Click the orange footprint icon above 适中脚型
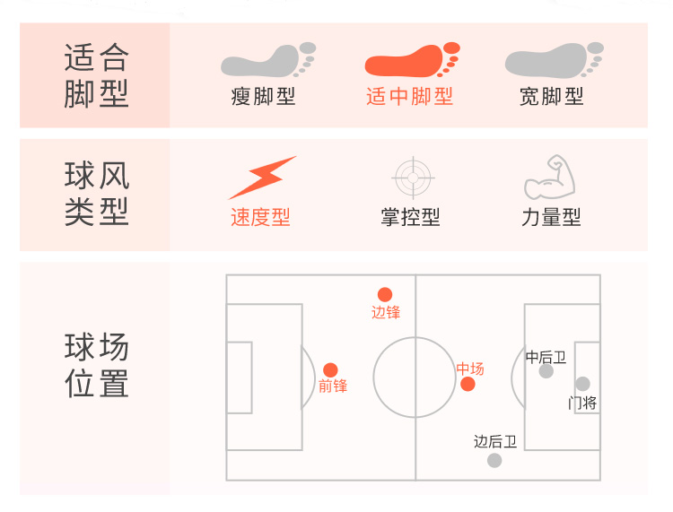[412, 61]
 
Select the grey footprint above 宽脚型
[552, 61]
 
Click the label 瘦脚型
[263, 96]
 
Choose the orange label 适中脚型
[409, 96]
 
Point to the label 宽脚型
[551, 96]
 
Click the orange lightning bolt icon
[261, 178]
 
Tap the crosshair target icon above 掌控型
[412, 178]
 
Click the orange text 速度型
[260, 217]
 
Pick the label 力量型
[551, 217]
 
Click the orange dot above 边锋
[385, 294]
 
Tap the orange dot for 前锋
[330, 369]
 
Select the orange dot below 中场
[468, 385]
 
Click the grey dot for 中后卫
[546, 371]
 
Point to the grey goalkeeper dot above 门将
[582, 384]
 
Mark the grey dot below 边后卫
[494, 460]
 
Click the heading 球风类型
[96, 194]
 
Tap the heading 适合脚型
[96, 76]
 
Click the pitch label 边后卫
[495, 441]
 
